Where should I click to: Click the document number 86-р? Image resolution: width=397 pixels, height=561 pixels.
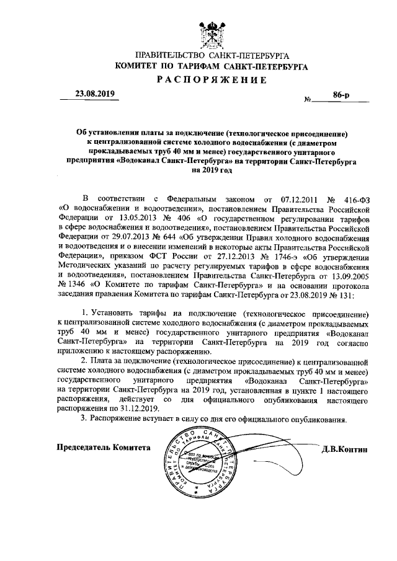341,95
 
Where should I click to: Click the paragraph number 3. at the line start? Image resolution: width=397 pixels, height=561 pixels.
84,419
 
